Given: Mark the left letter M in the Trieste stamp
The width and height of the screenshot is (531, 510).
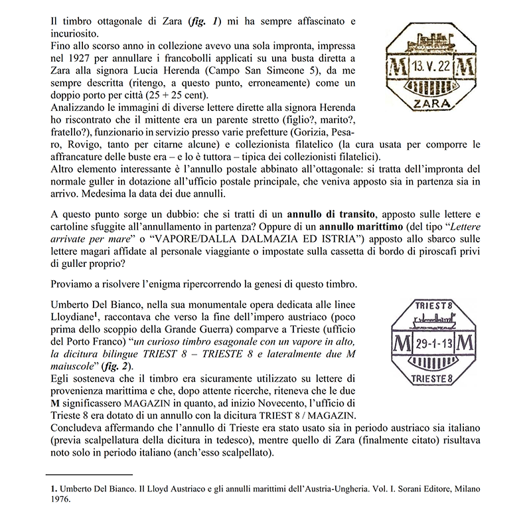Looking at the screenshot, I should pyautogui.click(x=402, y=345).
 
